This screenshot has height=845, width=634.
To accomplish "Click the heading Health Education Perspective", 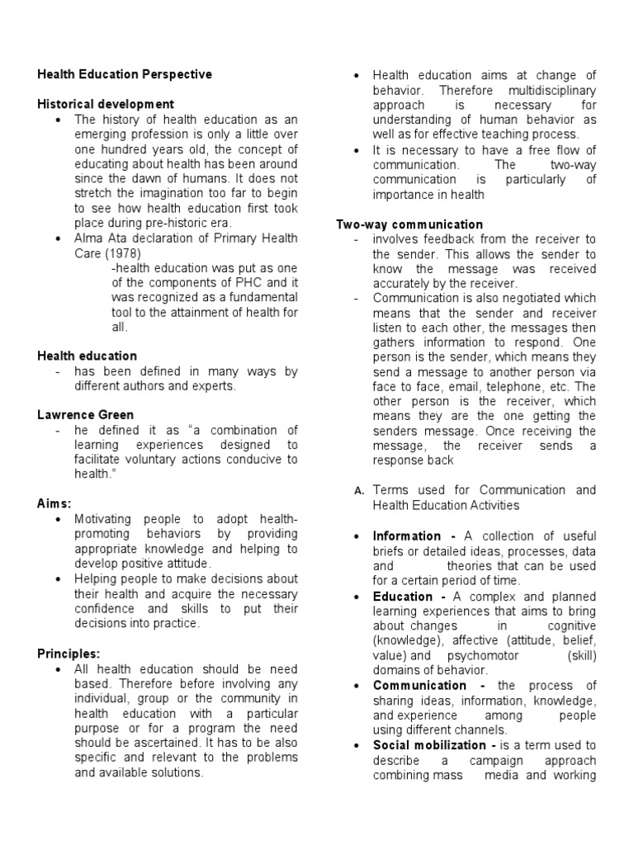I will coord(125,74).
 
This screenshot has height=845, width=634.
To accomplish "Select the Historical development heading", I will coord(106,104).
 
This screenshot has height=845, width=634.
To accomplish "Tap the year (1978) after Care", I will coord(121,253).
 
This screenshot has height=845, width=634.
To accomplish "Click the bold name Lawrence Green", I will coord(85,415).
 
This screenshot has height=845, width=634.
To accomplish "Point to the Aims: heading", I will coord(54,503).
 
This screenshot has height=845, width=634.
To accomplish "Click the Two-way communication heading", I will coord(409,224).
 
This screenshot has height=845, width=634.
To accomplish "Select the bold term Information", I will coord(406,536).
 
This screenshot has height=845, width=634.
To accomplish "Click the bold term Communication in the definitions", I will coord(419,686).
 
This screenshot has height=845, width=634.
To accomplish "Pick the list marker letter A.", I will coord(359,491).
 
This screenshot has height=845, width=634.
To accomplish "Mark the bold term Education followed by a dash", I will coord(403,597).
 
